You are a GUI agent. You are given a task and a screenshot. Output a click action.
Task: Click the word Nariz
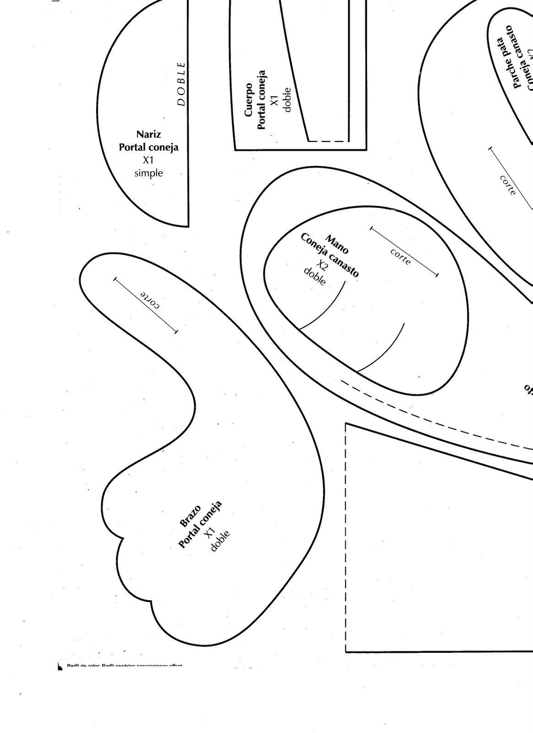(x=148, y=135)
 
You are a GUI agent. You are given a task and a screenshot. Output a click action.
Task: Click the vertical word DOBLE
(x=181, y=84)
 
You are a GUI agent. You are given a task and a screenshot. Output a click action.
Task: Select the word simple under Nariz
(x=148, y=173)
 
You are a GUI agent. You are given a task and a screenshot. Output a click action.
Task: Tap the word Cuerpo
(x=249, y=99)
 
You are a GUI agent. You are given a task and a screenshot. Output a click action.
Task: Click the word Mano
(x=337, y=244)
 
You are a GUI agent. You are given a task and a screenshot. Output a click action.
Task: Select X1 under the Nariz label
(x=148, y=160)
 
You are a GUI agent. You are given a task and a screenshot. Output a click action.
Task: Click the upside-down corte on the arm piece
(x=150, y=300)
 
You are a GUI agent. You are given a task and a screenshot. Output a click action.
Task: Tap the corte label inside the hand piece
(x=401, y=257)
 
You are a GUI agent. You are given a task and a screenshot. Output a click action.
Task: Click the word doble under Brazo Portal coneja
(x=220, y=541)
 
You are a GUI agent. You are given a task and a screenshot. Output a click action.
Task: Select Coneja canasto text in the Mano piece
(x=330, y=255)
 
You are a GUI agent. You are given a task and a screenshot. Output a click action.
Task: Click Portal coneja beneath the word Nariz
(x=148, y=148)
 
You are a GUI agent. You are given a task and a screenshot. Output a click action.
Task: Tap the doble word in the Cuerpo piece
(x=287, y=100)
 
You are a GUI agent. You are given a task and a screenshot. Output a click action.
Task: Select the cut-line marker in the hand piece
(x=404, y=251)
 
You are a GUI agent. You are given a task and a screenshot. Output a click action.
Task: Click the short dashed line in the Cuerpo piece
(x=327, y=141)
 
